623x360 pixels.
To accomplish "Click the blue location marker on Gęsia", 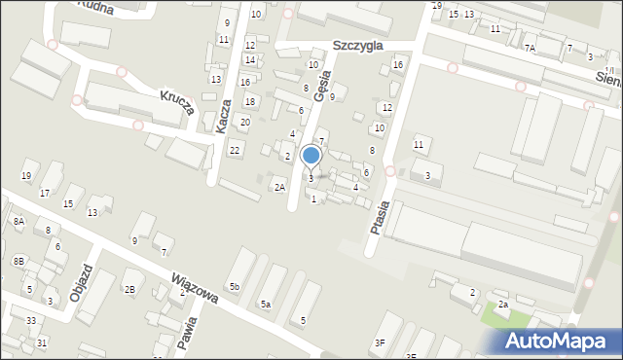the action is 311,155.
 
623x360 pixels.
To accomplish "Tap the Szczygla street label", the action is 357,45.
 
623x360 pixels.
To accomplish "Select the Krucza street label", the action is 178,102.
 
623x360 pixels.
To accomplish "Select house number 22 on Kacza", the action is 235,150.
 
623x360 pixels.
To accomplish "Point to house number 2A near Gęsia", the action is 279,187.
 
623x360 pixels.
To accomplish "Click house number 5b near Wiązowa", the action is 234,286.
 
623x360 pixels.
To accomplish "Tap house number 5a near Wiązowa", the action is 265,305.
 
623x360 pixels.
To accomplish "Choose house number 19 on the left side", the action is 26,175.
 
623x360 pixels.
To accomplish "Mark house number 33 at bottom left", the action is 31,320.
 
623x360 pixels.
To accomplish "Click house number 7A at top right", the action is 530,48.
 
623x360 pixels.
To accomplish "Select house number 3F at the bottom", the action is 380,342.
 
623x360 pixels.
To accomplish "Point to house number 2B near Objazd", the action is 128,289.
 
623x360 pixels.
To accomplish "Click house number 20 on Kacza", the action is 245,122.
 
